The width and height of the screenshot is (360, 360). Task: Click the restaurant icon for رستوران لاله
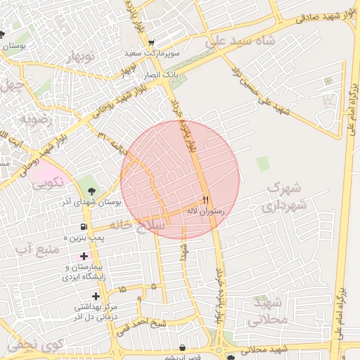[206, 200]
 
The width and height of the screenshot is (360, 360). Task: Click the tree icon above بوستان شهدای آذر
[91, 189]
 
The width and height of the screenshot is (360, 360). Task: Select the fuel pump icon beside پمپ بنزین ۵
[85, 227]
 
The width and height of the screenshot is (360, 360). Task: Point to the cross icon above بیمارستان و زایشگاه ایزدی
[84, 257]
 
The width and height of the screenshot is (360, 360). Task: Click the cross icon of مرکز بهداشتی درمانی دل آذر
[96, 296]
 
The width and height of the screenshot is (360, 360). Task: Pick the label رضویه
[36, 118]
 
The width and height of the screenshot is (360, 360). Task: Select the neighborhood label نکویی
[48, 183]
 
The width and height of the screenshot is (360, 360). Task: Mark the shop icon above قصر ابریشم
[183, 348]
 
